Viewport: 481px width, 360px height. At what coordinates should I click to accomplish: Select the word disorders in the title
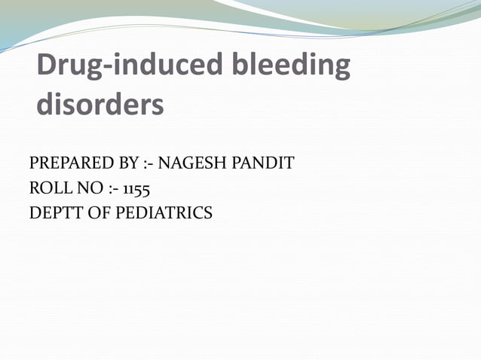(100, 105)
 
